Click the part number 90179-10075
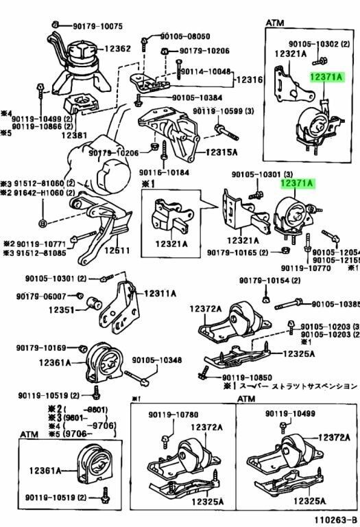[x=98, y=26]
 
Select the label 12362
[x=117, y=49]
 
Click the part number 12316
[x=250, y=80]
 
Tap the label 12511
[x=117, y=250]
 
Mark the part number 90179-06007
[x=41, y=296]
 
